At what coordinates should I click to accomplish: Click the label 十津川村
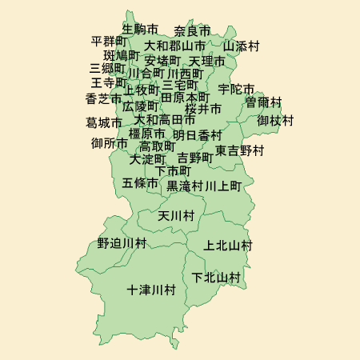[150, 290]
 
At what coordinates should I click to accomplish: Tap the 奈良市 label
[192, 31]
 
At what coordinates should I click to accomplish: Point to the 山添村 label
[241, 46]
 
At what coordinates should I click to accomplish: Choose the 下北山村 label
[216, 278]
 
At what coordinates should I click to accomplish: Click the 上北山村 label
[228, 245]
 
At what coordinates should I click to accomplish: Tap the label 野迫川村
[122, 242]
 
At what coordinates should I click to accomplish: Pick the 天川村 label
[176, 216]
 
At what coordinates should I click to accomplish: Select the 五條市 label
[140, 183]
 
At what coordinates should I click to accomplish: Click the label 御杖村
[275, 121]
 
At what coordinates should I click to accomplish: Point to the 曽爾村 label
[263, 102]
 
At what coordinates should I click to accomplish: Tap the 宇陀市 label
[236, 89]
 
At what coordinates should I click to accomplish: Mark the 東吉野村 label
[239, 150]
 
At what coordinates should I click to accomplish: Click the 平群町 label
[109, 41]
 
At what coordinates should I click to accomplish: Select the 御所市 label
[109, 144]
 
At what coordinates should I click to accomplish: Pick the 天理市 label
[207, 61]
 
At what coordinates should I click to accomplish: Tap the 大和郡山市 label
[174, 46]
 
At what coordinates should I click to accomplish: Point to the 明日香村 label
[197, 134]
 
